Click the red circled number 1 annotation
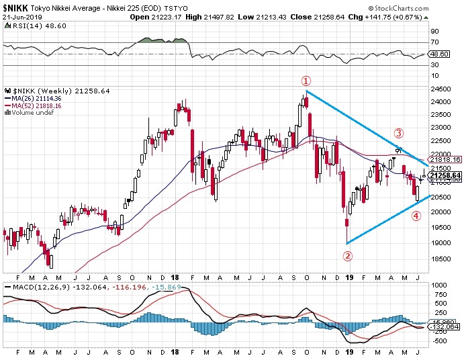(306, 80)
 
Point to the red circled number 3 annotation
(398, 132)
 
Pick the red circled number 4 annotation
(416, 216)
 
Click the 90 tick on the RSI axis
(434, 31)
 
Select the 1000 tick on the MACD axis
(440, 285)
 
